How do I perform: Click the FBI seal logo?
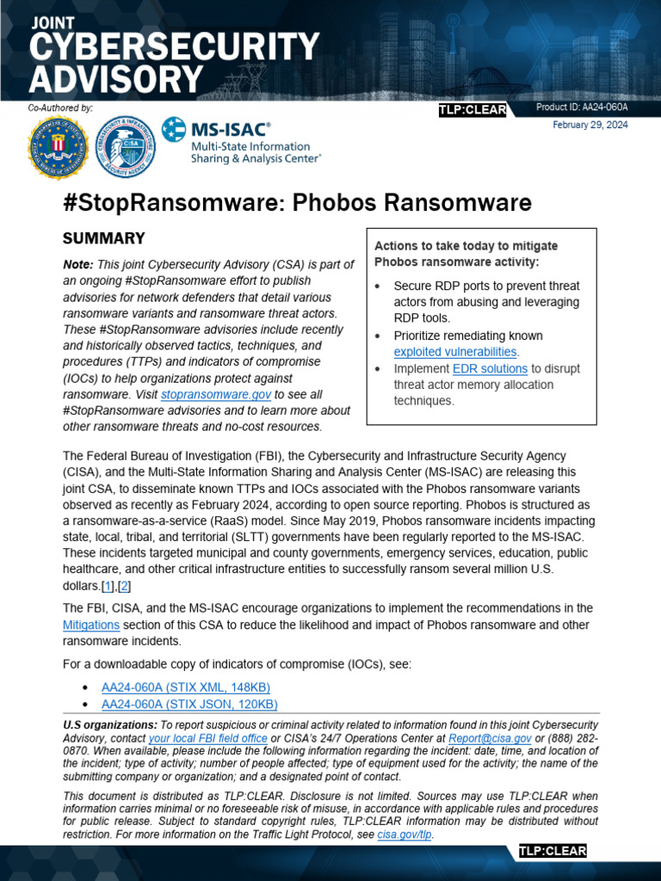click(x=58, y=146)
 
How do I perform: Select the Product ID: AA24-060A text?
click(x=581, y=108)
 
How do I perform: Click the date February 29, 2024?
click(x=590, y=125)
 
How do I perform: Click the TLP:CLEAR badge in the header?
click(x=473, y=110)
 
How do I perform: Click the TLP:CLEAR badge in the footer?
click(x=552, y=852)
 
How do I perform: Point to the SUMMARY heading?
click(x=104, y=238)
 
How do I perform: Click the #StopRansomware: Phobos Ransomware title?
click(x=297, y=203)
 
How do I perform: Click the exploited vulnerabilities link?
click(x=455, y=352)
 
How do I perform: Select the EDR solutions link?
click(x=490, y=368)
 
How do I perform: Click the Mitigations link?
click(x=91, y=625)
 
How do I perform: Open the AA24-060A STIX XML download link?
click(x=186, y=687)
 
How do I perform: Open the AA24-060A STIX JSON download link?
click(x=189, y=704)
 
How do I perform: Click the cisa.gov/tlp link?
click(x=405, y=834)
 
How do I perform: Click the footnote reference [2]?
click(x=123, y=586)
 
